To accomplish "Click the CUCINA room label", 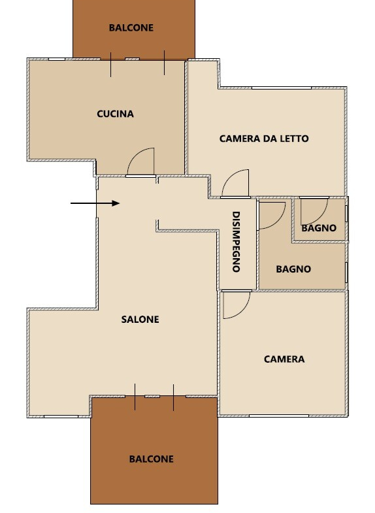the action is pyautogui.click(x=115, y=114).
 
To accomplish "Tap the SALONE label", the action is pyautogui.click(x=140, y=320).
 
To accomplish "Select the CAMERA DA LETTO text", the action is pyautogui.click(x=264, y=139).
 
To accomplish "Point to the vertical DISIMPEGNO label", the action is pyautogui.click(x=236, y=242).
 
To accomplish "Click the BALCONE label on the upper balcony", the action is pyautogui.click(x=131, y=28).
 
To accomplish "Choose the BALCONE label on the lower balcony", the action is pyautogui.click(x=152, y=459).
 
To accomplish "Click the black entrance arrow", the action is pyautogui.click(x=95, y=203).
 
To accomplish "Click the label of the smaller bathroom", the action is pyautogui.click(x=319, y=228).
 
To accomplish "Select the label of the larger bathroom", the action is pyautogui.click(x=293, y=269).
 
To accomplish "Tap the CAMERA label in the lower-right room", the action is pyautogui.click(x=284, y=359).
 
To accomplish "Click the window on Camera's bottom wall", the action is pyautogui.click(x=279, y=416).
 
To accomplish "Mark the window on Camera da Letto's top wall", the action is pyautogui.click(x=282, y=88).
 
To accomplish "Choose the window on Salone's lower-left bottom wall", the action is pyautogui.click(x=61, y=416).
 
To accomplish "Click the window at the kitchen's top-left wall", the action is pyautogui.click(x=57, y=59).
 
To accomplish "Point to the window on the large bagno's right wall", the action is pyautogui.click(x=346, y=272).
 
